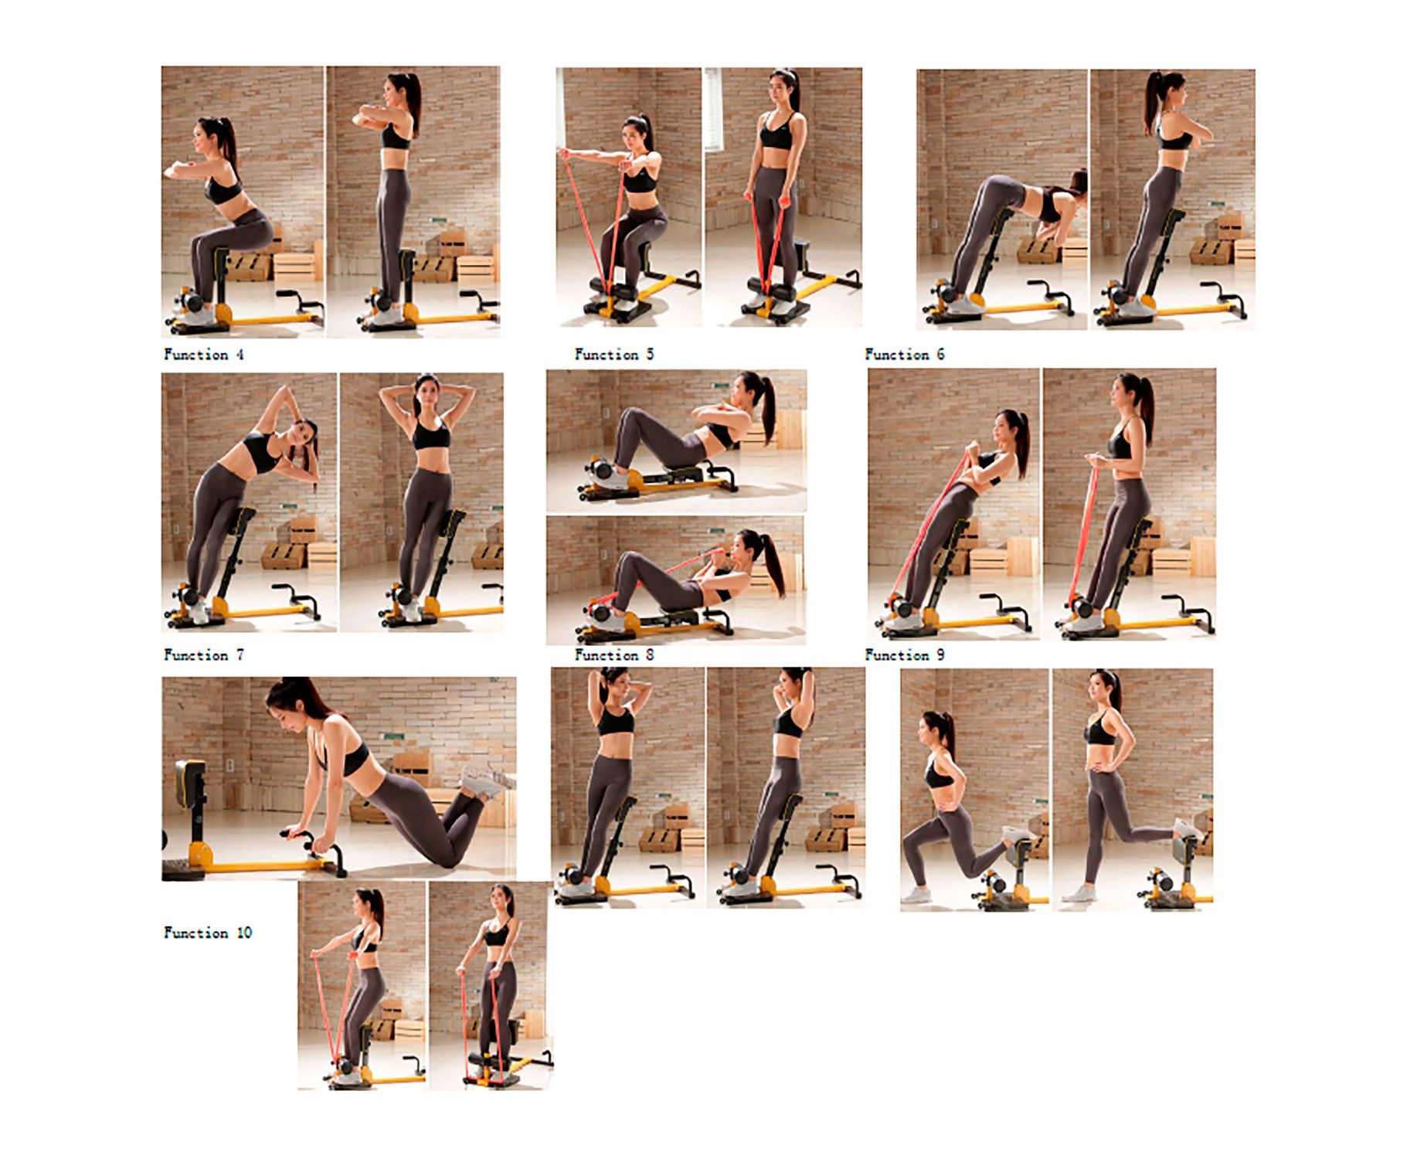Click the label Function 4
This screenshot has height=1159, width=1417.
tap(203, 355)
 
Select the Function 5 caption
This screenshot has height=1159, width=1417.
tap(613, 355)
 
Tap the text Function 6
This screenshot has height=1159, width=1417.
tap(904, 355)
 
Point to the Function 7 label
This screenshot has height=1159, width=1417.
tap(204, 655)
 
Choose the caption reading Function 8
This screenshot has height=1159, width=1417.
tap(613, 655)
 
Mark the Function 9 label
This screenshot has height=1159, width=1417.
tap(904, 655)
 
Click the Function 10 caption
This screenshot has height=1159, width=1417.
tap(208, 933)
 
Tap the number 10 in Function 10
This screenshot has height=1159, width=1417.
tap(244, 933)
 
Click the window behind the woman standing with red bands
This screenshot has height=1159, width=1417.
tap(712, 108)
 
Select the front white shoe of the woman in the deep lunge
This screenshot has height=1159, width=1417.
tap(916, 895)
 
